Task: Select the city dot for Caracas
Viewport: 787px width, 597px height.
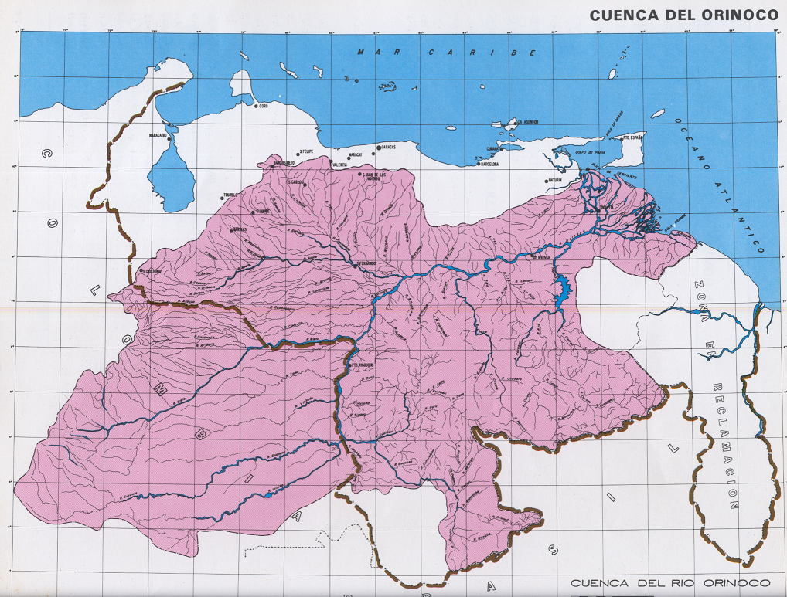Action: (x=376, y=147)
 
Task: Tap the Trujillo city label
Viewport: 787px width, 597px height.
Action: (x=230, y=195)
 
